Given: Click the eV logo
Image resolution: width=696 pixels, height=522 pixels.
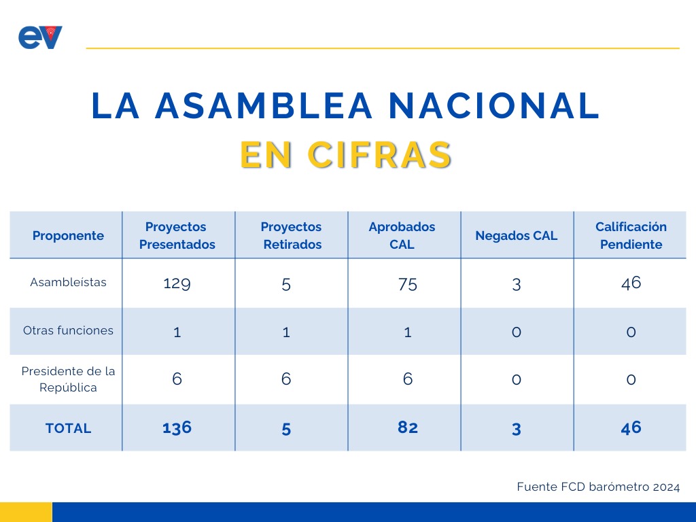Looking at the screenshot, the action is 40,37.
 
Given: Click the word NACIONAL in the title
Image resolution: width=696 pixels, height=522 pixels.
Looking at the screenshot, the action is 494,105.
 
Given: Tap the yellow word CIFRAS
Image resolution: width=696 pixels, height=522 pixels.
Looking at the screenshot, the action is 379,155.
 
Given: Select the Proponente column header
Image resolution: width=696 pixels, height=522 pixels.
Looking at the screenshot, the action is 68,235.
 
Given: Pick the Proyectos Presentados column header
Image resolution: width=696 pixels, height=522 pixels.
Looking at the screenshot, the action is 177,235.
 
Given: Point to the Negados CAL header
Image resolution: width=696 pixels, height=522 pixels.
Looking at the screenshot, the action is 517,235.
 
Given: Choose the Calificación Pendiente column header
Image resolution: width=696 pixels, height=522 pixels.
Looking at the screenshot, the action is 631,235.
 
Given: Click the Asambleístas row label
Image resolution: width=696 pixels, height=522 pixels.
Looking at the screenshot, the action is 68,282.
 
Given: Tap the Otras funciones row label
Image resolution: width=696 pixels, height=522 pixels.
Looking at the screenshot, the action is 68,330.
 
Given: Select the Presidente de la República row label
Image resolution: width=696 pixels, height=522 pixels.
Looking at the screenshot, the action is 68,379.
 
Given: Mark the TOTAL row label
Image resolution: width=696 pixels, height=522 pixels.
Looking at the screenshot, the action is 68,428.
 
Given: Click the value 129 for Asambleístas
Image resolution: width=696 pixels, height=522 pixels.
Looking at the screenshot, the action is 177,283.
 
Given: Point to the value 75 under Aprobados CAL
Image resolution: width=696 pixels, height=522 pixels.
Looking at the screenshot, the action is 408,284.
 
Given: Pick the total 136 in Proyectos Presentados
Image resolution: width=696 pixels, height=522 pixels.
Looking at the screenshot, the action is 177,428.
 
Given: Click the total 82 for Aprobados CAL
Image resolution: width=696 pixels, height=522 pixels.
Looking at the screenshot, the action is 408,427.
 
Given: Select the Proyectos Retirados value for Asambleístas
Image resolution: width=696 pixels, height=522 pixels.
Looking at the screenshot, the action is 286,285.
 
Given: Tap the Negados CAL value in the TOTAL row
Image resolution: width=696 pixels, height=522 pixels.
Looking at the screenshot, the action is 516,430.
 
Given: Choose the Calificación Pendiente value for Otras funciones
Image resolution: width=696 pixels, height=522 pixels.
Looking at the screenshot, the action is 631,332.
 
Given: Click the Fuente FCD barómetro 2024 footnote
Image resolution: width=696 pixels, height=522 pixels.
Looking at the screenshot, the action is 598,487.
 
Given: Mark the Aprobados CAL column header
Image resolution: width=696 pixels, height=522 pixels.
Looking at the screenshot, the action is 402,235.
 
